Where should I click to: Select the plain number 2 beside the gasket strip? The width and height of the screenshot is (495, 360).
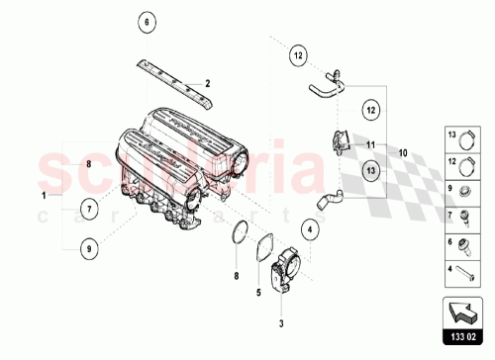click(208, 83)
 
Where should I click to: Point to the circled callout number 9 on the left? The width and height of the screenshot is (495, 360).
click(88, 249)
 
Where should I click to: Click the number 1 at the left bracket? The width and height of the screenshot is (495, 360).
click(44, 196)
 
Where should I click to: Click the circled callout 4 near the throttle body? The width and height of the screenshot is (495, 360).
click(309, 232)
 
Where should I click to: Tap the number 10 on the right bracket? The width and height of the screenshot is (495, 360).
click(403, 153)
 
